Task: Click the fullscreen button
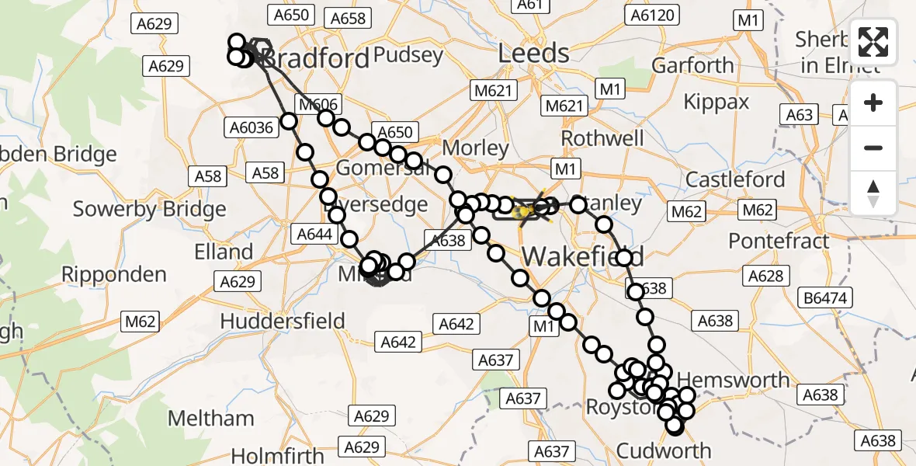(873, 42)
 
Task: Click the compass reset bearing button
(873, 193)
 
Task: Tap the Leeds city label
(533, 54)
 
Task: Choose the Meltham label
(210, 419)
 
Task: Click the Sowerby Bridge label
(149, 209)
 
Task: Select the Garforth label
(692, 65)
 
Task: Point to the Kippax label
(716, 102)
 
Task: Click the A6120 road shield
(654, 15)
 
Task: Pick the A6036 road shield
(252, 127)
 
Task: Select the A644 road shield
(315, 234)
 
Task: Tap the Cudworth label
(663, 450)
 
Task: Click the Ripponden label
(113, 274)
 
